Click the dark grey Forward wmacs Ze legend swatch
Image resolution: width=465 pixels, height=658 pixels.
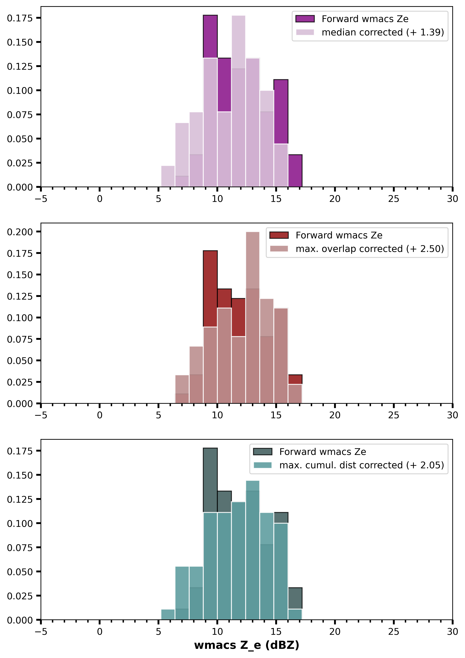click(x=263, y=452)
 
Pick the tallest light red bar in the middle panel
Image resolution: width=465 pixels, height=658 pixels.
click(x=253, y=318)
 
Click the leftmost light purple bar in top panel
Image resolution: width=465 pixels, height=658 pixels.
click(x=168, y=176)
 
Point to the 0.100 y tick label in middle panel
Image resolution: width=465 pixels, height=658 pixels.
click(x=20, y=318)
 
